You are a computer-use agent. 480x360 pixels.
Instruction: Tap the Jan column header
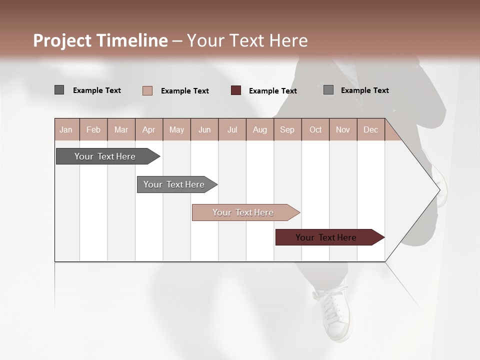coord(66,129)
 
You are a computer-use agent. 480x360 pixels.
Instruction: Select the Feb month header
coord(93,129)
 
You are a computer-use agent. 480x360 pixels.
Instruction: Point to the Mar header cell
coord(121,129)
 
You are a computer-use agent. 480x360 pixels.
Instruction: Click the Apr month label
coord(148,129)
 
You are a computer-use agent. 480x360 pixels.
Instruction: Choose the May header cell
coord(176,129)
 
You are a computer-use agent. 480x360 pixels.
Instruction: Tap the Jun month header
coord(204,129)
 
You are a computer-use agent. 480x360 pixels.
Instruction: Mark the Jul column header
coord(232,129)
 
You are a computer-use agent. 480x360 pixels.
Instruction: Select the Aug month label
coord(259,129)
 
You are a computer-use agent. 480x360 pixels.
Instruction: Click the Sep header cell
coord(287,129)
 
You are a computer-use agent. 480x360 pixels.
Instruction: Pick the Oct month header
coord(315,129)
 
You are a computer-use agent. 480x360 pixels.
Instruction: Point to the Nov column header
coord(343,129)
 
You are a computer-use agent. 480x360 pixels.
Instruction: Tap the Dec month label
coord(370,129)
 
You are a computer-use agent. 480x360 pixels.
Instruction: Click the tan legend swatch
coord(147,90)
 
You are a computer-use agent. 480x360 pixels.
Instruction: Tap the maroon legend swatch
coord(236,90)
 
